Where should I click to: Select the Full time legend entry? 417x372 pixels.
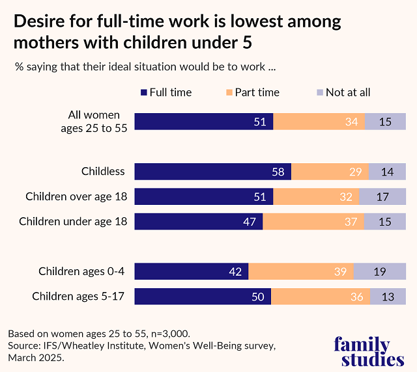(166, 92)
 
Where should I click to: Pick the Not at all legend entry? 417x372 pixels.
(342, 92)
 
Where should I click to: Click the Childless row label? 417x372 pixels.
(103, 172)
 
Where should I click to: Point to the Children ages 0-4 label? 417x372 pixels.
(81, 271)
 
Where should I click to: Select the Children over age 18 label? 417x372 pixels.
(76, 196)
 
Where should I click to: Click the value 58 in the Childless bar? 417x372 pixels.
(277, 172)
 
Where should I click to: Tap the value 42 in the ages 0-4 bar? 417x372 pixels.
(235, 272)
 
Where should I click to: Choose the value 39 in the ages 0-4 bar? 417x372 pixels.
(340, 272)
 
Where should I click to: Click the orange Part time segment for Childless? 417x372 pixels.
(329, 172)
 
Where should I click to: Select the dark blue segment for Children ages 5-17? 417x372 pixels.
(203, 297)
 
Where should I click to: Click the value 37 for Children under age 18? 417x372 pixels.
(350, 222)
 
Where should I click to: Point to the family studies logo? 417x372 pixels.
(369, 352)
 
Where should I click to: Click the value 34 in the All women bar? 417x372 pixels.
(350, 122)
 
